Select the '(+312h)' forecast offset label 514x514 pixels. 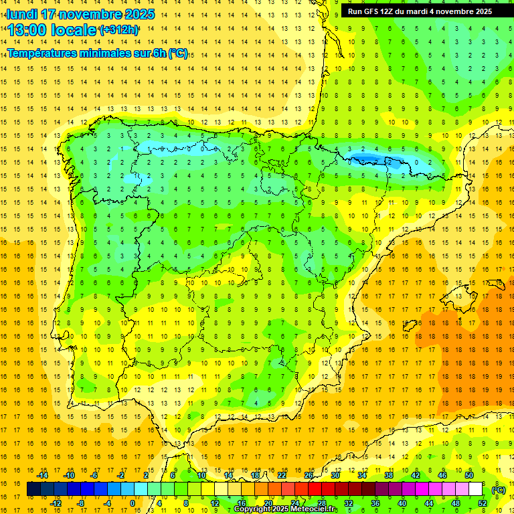[118, 30]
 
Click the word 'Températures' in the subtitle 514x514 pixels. [40, 53]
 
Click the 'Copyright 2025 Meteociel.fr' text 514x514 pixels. [286, 509]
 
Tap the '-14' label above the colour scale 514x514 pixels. [42, 475]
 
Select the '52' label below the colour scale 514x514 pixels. [483, 503]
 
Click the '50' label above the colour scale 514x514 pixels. [469, 475]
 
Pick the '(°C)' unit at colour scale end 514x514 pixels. [499, 489]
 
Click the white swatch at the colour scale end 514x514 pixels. [476, 489]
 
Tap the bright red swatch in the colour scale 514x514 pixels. [315, 489]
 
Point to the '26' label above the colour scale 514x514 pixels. [309, 475]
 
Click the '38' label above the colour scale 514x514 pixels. [389, 475]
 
